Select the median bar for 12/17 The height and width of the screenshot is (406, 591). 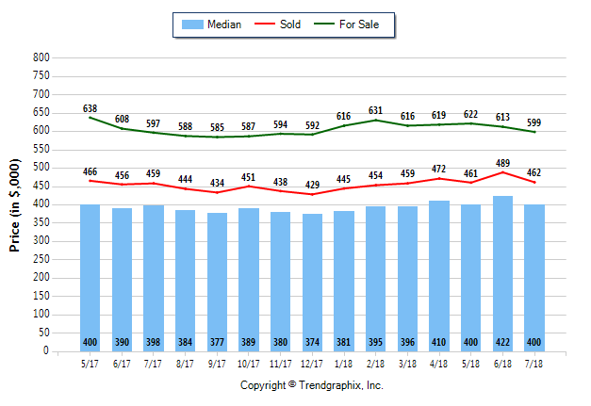pos(312,283)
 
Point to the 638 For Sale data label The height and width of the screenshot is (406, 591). pos(90,109)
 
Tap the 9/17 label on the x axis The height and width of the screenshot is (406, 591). pos(217,361)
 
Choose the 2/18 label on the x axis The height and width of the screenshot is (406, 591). pos(375,361)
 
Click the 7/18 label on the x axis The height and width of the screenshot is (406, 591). pos(534,361)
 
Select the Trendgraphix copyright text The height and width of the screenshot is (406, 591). pos(311,385)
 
